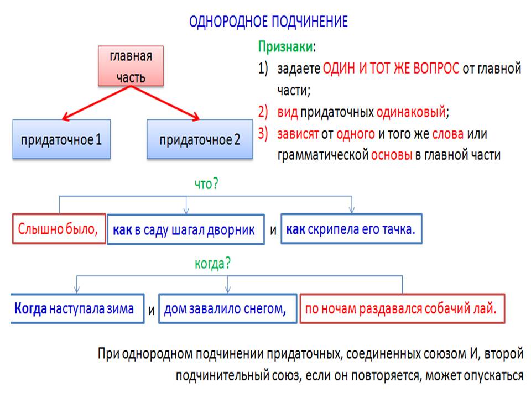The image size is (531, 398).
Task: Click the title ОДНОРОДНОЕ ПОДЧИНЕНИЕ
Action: (268, 22)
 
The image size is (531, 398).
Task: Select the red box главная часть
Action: (131, 66)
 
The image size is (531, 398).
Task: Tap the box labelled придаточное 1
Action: (61, 139)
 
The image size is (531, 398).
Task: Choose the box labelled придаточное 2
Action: (200, 139)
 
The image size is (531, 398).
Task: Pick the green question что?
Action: (206, 185)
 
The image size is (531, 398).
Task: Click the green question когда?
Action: (212, 264)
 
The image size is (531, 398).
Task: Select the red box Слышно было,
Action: (59, 228)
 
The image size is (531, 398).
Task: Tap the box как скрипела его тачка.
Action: (351, 228)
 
